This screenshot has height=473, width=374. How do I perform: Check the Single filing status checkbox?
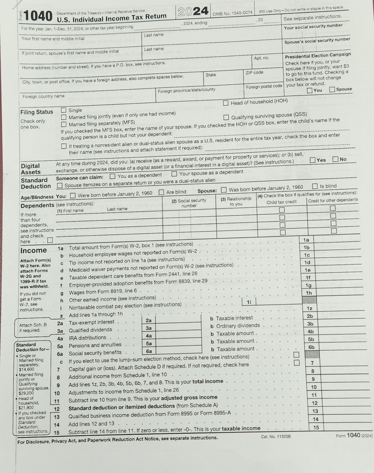(x=64, y=110)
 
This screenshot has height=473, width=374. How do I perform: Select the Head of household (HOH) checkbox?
(x=226, y=103)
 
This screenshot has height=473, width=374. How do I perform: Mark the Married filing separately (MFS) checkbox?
(x=64, y=124)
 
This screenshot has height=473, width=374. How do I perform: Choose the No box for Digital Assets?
(x=335, y=160)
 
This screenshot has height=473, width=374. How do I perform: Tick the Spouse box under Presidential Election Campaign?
(x=332, y=90)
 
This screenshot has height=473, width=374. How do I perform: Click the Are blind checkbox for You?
(x=161, y=193)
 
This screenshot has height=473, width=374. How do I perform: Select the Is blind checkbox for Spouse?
(x=315, y=187)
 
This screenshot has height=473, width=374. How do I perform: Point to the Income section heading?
(x=34, y=251)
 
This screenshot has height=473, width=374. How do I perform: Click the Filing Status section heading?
(x=36, y=112)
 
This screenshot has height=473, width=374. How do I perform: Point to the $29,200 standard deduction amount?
(x=26, y=393)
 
